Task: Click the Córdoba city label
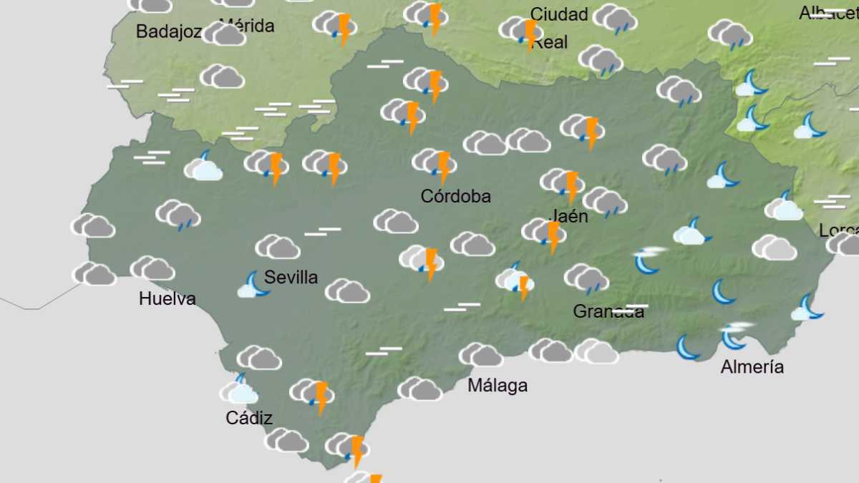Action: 456,196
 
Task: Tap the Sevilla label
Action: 291,278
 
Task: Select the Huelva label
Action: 168,298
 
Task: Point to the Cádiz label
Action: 249,418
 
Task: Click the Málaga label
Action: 498,386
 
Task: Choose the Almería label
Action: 752,367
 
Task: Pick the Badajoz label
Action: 169,31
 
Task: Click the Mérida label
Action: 247,26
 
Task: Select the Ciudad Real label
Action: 559,27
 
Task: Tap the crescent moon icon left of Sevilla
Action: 253,284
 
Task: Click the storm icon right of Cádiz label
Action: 313,394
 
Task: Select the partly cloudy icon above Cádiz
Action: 239,390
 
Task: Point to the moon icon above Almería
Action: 734,335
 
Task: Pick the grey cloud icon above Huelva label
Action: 152,268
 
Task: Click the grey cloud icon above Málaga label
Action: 480,355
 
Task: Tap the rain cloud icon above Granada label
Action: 586,278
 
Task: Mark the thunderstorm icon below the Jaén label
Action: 545,233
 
